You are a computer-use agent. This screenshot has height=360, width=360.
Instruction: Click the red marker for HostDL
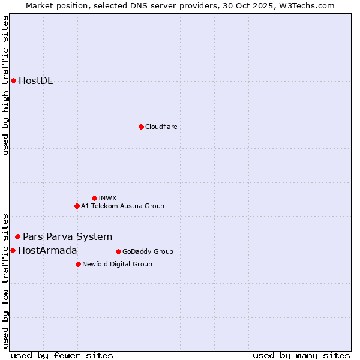click(x=13, y=80)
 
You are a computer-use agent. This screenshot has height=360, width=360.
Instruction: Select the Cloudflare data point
click(x=141, y=127)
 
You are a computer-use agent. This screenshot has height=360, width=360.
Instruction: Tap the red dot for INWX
click(x=94, y=198)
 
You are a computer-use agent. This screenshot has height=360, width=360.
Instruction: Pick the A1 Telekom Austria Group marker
click(x=77, y=206)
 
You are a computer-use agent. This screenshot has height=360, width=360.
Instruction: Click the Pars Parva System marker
click(x=17, y=236)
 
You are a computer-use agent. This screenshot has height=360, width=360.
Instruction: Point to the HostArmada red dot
click(x=13, y=250)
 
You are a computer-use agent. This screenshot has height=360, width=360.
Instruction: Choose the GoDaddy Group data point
click(x=118, y=251)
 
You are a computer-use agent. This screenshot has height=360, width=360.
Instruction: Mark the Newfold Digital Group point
click(x=78, y=264)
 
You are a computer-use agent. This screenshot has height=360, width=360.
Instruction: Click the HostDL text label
click(x=35, y=81)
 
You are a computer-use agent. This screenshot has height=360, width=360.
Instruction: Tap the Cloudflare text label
click(x=161, y=127)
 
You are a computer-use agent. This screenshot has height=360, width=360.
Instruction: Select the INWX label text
click(x=107, y=198)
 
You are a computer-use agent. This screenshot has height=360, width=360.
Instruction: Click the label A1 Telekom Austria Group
click(x=122, y=206)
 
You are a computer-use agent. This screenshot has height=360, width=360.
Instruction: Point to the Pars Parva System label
click(x=67, y=236)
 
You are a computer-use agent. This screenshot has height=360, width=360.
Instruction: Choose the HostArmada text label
click(x=47, y=250)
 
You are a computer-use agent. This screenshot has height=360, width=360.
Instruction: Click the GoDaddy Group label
click(x=148, y=251)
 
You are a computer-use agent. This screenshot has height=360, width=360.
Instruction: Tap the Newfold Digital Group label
click(x=117, y=264)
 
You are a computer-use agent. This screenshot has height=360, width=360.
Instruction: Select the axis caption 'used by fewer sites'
click(x=62, y=355)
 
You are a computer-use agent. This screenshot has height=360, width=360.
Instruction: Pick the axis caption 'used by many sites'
click(x=301, y=355)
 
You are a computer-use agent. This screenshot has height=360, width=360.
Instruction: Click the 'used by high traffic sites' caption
click(x=5, y=85)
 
